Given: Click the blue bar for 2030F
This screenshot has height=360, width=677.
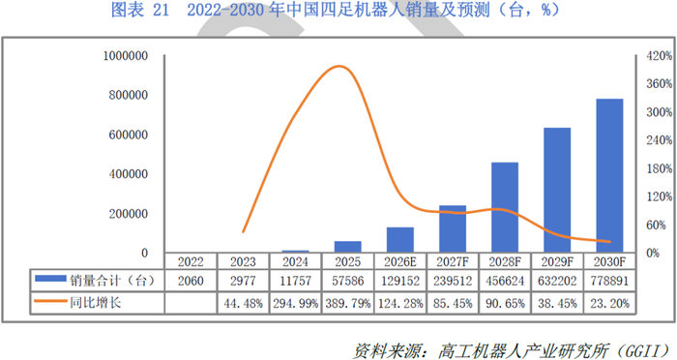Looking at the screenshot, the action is tap(609, 176).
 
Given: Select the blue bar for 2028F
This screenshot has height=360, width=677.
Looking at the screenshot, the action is tap(505, 207).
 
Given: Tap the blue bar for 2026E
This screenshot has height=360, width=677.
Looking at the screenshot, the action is tap(399, 240).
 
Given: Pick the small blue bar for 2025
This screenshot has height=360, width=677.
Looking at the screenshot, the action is tap(347, 247).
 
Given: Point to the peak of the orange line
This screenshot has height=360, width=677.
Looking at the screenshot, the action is tap(339, 66).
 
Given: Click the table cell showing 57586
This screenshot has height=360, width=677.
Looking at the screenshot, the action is tap(347, 281).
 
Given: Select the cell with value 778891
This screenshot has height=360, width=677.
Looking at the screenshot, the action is tap(609, 281).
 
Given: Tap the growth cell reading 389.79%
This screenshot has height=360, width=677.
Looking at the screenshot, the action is tap(347, 303).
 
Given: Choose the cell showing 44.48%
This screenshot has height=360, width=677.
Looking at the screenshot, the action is tap(243, 303).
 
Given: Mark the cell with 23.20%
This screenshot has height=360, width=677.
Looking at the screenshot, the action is tap(609, 303).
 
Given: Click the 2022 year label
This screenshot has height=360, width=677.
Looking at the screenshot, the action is tap(191, 262).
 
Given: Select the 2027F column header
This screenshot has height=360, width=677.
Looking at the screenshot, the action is tap(453, 262).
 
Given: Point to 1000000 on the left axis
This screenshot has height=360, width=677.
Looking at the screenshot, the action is tap(125, 56).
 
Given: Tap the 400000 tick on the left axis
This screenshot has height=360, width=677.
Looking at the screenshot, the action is tap(129, 174).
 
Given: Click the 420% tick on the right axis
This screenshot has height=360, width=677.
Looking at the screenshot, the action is tap(659, 56).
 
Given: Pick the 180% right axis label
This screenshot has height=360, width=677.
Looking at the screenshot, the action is tap(659, 168).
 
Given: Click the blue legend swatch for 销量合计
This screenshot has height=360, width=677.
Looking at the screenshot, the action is tap(50, 279).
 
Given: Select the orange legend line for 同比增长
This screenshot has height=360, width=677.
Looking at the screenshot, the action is tap(50, 301).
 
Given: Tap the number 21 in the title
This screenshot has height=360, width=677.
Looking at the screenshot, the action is tap(161, 10).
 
